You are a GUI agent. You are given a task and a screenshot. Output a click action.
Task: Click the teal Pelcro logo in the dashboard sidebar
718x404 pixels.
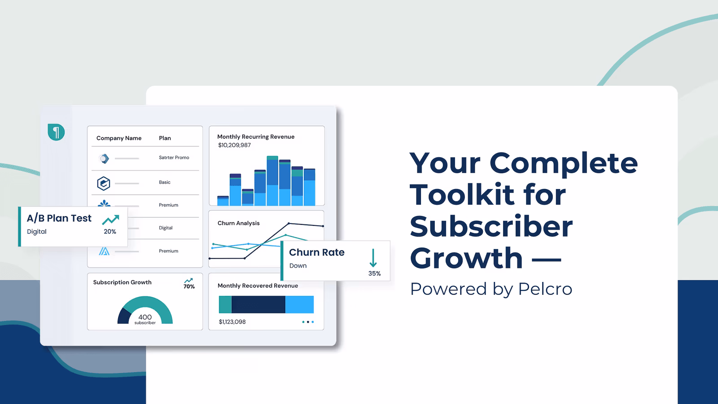coord(56,132)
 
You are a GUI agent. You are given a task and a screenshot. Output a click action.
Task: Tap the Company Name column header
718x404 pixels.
coord(119,138)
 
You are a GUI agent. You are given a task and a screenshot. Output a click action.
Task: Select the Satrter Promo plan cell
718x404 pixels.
coord(174,158)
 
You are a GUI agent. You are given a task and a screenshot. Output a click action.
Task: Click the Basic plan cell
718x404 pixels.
coord(165,182)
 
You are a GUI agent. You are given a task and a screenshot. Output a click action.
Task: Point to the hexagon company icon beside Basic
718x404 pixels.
coord(104,184)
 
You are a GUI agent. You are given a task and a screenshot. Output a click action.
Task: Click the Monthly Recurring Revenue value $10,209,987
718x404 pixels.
coord(234,145)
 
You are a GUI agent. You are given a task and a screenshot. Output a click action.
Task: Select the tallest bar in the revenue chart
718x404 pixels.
coord(272,180)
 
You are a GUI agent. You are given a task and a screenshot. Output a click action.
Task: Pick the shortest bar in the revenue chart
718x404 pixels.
coord(223,201)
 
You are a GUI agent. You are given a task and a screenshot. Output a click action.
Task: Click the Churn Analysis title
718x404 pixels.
coord(238,223)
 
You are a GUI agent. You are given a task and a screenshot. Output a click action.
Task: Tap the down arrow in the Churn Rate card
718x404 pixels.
coord(373,258)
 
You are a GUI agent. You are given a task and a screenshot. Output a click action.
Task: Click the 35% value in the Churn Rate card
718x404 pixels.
coord(374,273)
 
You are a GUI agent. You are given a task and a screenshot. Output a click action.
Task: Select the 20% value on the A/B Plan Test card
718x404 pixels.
coord(110,232)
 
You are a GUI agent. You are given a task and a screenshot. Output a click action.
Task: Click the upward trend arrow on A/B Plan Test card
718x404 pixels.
coord(110,220)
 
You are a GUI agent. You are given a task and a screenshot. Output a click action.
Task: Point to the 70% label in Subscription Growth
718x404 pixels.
coord(189,287)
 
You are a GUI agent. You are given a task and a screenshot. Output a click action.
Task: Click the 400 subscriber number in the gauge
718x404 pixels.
coord(145,317)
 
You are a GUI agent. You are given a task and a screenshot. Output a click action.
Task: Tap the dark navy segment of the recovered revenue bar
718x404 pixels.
coord(258,304)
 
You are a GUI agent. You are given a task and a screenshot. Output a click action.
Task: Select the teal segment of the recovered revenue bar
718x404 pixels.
coord(225,304)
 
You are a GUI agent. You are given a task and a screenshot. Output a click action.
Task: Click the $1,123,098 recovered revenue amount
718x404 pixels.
coord(232,321)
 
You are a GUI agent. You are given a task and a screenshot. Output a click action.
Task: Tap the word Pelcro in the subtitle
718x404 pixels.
coord(545,289)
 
